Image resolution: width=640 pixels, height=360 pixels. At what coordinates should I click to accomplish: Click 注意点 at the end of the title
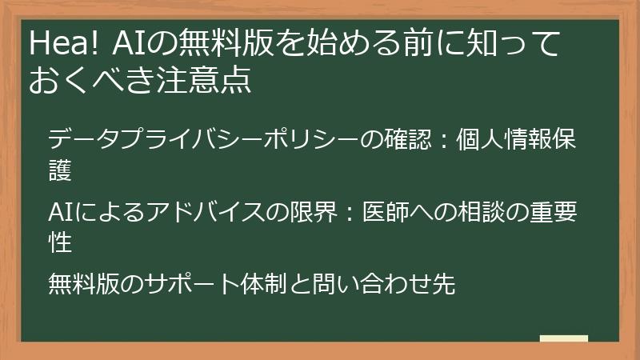point(214,81)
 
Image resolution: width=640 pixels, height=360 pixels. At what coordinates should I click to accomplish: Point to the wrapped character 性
point(60,240)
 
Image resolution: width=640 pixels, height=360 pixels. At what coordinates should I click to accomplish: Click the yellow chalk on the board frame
point(563,338)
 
